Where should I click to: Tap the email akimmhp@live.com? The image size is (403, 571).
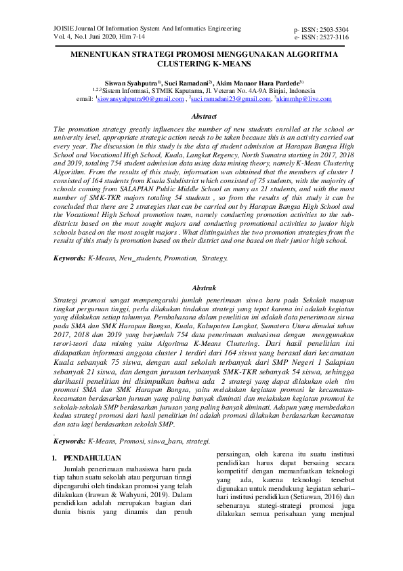pyautogui.click(x=304, y=99)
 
